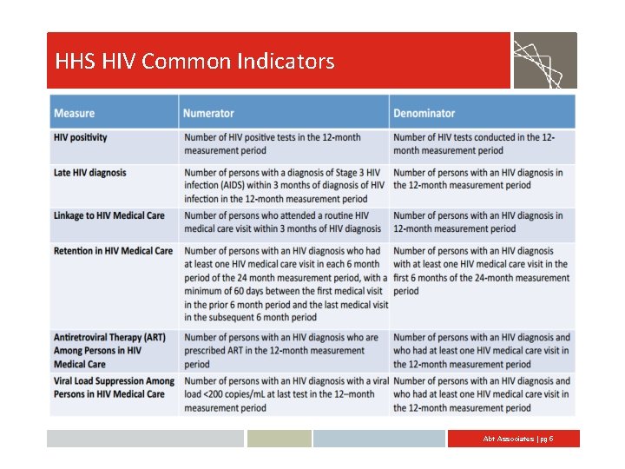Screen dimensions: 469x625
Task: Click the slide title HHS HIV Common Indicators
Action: pyautogui.click(x=194, y=62)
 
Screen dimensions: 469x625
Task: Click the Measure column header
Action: pyautogui.click(x=75, y=113)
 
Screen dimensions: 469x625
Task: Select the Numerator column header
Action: pyautogui.click(x=208, y=113)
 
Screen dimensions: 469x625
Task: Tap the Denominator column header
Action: pyautogui.click(x=424, y=113)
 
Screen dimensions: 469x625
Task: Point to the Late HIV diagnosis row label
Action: pyautogui.click(x=89, y=173)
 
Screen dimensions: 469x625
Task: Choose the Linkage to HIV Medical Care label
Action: pyautogui.click(x=109, y=215)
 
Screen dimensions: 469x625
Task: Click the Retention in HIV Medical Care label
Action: pyautogui.click(x=113, y=251)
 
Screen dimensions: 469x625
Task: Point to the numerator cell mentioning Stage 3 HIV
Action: pyautogui.click(x=284, y=186)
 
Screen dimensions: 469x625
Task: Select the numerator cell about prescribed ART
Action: pyautogui.click(x=281, y=351)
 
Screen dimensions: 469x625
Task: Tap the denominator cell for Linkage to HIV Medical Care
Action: pyautogui.click(x=478, y=222)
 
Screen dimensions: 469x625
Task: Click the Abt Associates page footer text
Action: pyautogui.click(x=517, y=439)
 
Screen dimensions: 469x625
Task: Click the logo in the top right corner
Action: pyautogui.click(x=544, y=61)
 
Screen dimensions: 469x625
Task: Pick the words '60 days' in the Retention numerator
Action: pyautogui.click(x=241, y=291)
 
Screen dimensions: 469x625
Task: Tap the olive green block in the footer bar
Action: pyautogui.click(x=279, y=439)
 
